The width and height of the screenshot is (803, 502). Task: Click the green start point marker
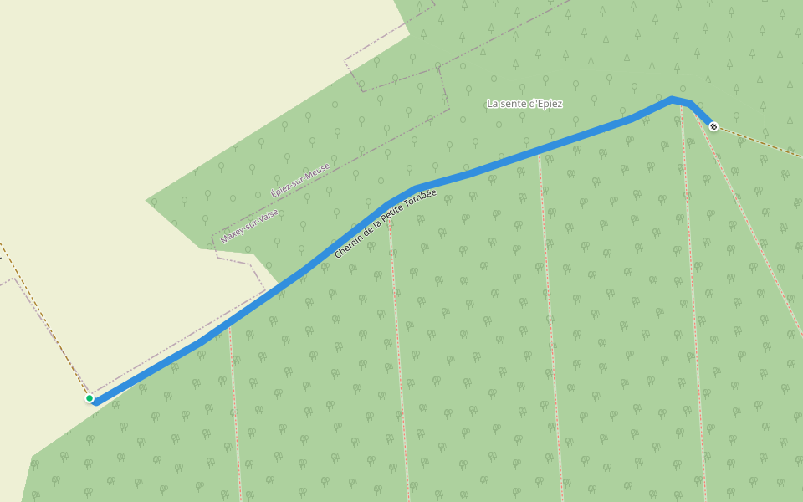tap(90, 398)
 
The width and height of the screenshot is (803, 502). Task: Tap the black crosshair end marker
tap(713, 126)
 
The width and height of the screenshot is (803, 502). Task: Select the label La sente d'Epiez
tap(524, 104)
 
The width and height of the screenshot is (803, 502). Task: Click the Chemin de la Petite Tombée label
tap(386, 224)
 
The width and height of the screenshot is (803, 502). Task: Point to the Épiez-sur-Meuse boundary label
tap(300, 180)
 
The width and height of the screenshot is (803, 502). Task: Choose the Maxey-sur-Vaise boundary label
tap(249, 226)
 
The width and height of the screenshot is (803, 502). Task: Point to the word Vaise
tap(269, 215)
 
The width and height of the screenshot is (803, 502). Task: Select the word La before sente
tap(492, 104)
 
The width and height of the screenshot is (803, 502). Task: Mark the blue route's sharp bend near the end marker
tap(674, 100)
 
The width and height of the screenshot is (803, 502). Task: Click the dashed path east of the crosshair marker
tap(757, 140)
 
